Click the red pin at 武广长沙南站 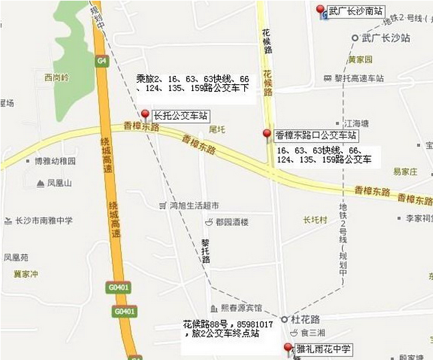pyautogui.click(x=320, y=10)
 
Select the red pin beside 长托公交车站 pyautogui.click(x=145, y=114)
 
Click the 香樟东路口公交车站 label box pyautogui.click(x=315, y=136)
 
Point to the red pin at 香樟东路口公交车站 pyautogui.click(x=267, y=133)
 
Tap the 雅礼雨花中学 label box pyautogui.click(x=323, y=349)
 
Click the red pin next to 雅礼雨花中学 pyautogui.click(x=288, y=348)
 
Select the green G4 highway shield pyautogui.click(x=102, y=60)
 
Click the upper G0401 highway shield pyautogui.click(x=118, y=288)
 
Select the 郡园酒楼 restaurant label pyautogui.click(x=231, y=222)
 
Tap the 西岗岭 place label pyautogui.click(x=56, y=77)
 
